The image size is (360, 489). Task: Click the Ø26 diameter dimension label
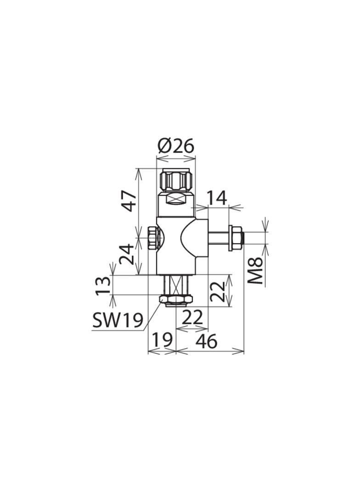[x=176, y=146]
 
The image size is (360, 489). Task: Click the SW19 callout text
[x=118, y=320]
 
